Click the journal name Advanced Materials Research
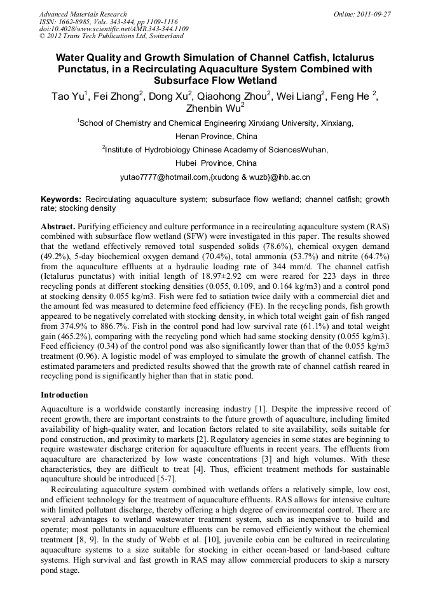point(83,14)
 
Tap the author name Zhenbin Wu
point(214,109)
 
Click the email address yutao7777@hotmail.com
point(164,177)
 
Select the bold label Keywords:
point(61,199)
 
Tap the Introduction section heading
point(64,394)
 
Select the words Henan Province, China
point(215,136)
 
